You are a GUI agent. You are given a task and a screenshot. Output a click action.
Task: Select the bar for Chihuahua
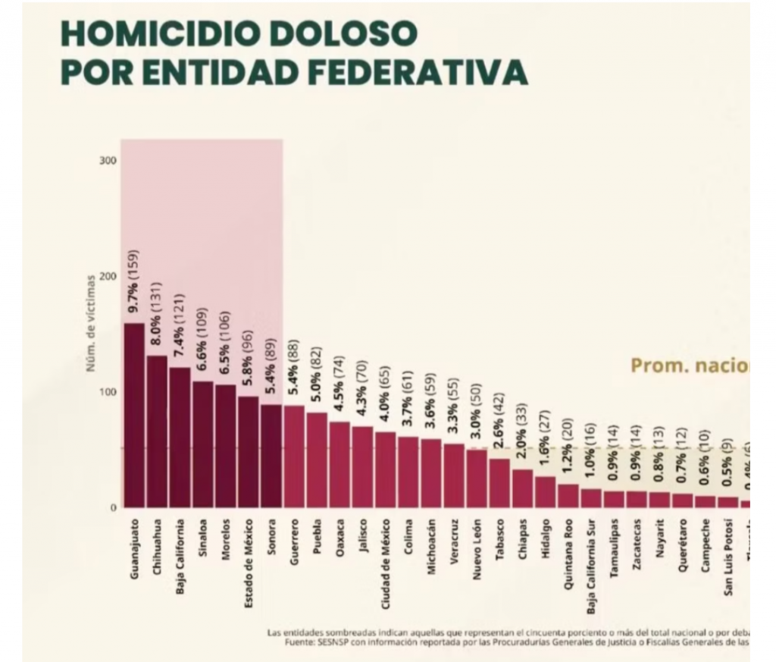click(x=157, y=431)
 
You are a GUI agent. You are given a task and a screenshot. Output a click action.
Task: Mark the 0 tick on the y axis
click(x=113, y=507)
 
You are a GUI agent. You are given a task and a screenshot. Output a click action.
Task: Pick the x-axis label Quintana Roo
click(x=568, y=550)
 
